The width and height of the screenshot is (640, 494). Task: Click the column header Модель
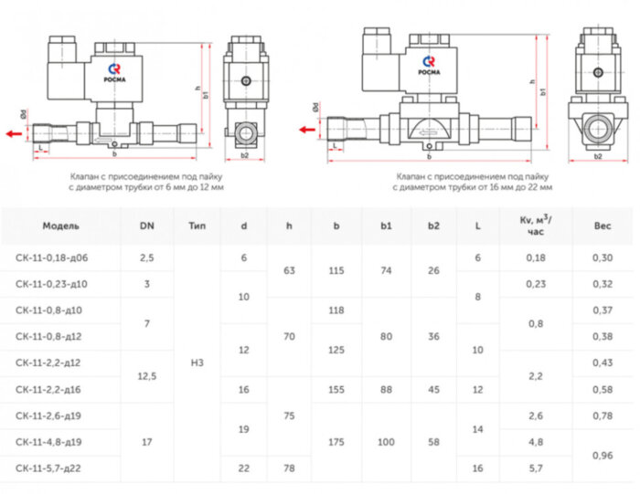(x=60, y=225)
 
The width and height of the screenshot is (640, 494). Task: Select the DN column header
(x=147, y=225)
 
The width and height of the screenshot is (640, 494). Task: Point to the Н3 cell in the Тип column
(x=197, y=363)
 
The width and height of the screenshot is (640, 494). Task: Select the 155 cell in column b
(x=336, y=390)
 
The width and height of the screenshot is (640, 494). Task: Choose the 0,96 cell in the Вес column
(x=603, y=456)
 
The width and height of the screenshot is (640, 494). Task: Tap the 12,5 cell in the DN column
(x=147, y=376)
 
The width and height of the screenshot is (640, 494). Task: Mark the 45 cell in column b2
(x=433, y=390)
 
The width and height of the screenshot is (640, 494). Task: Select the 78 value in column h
(x=289, y=469)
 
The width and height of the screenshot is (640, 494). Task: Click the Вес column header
(x=603, y=225)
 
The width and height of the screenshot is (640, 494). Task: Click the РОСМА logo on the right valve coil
(x=430, y=64)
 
